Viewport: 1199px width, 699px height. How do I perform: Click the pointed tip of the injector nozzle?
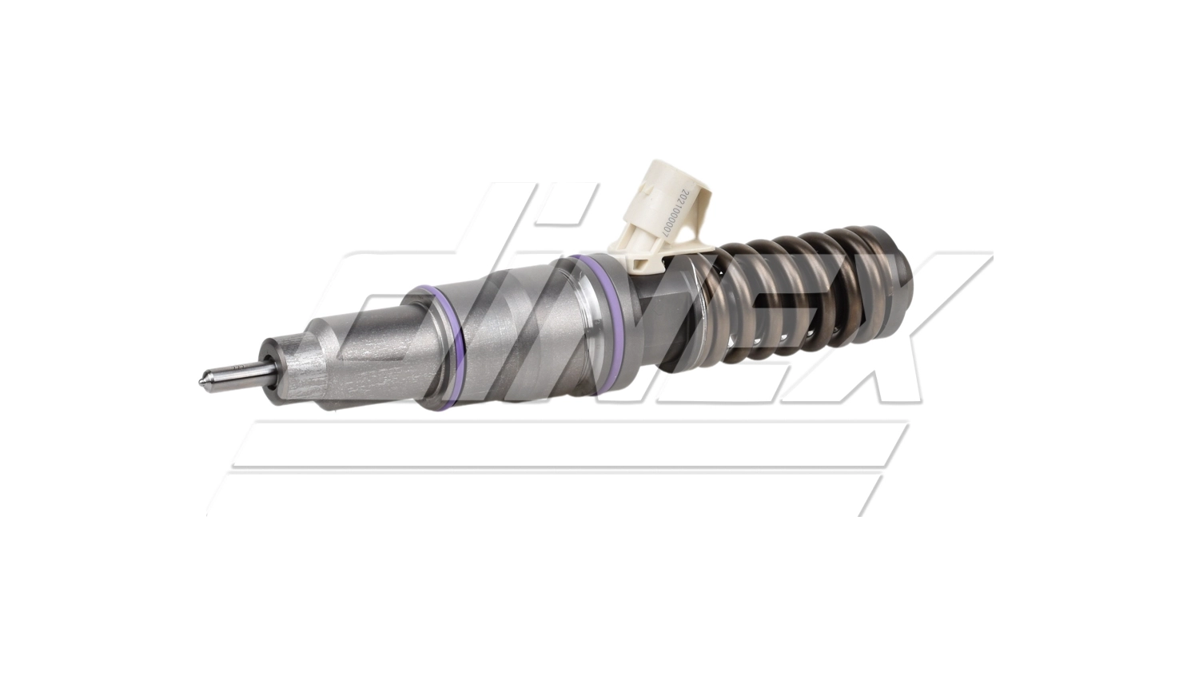[201, 380]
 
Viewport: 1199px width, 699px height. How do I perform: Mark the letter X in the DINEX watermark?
[895, 336]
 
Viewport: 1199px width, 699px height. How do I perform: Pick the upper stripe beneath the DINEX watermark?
[560, 443]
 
